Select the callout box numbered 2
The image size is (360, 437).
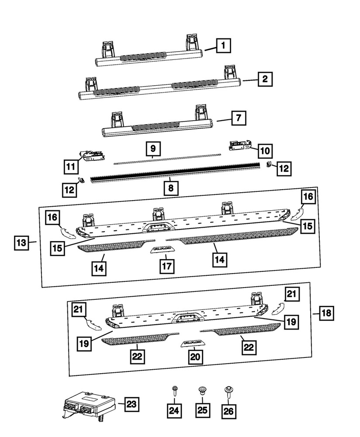pos(265,80)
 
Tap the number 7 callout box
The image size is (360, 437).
pos(238,118)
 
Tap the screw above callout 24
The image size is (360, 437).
pos(175,390)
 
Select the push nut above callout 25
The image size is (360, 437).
pos(202,390)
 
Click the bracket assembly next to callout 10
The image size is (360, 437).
pos(239,146)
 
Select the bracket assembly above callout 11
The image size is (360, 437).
pos(92,155)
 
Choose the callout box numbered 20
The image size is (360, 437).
pos(195,357)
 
